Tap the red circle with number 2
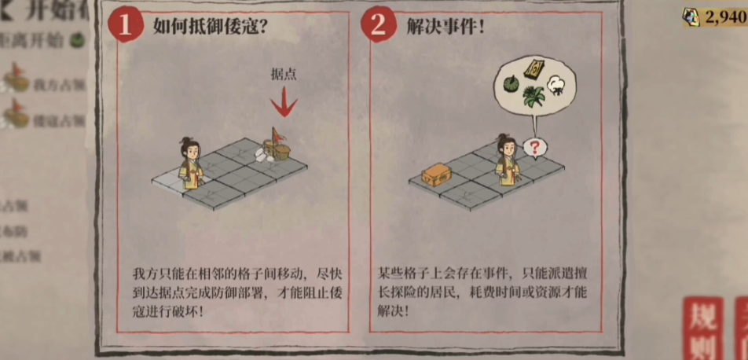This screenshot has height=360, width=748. pos(378,26)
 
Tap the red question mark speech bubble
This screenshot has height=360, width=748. pos(534,146)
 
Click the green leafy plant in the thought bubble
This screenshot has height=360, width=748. pos(535,97)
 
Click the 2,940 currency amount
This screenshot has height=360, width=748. pos(724,19)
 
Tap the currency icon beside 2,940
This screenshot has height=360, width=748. pos(691,19)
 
